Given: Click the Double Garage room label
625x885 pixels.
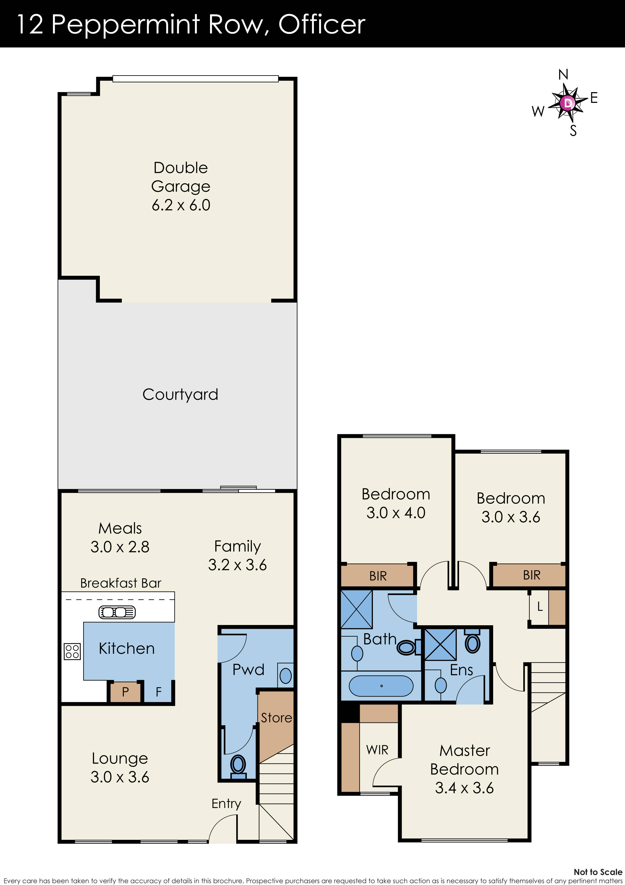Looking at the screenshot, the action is pyautogui.click(x=181, y=186).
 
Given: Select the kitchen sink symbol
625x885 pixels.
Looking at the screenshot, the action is pyautogui.click(x=117, y=612).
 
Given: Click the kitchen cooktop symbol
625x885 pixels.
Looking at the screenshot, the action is pyautogui.click(x=72, y=652).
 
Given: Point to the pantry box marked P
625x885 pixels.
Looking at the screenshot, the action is pyautogui.click(x=125, y=692).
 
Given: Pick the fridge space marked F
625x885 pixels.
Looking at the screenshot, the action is pyautogui.click(x=158, y=692).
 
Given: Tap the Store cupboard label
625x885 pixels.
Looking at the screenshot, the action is pyautogui.click(x=276, y=718).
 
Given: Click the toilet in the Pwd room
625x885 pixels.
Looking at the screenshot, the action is pyautogui.click(x=238, y=766).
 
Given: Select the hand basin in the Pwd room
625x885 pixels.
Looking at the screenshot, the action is pyautogui.click(x=286, y=675).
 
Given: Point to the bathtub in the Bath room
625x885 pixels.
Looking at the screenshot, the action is pyautogui.click(x=381, y=686).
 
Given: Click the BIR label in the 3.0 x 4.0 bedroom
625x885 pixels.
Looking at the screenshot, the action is pyautogui.click(x=378, y=576).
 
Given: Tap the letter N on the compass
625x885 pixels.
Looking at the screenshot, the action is pyautogui.click(x=563, y=74).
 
